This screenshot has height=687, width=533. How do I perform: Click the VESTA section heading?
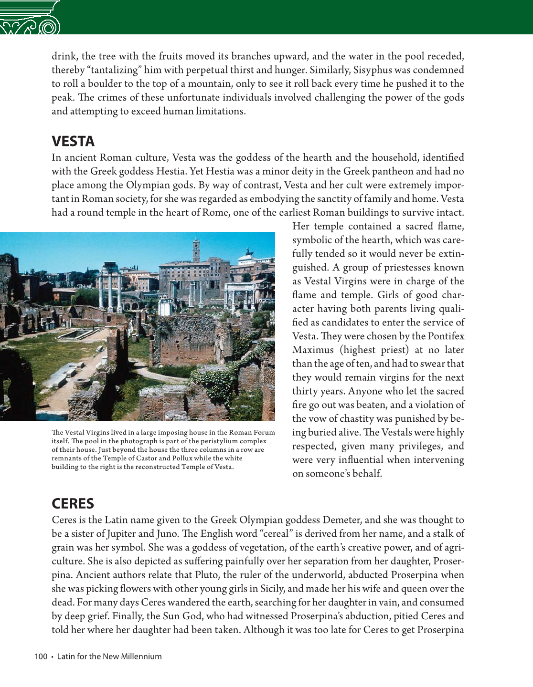point(73,141)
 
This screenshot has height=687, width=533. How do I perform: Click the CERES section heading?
point(73,503)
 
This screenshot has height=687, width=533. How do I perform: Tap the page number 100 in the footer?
point(41,656)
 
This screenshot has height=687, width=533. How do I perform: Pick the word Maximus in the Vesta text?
point(313,350)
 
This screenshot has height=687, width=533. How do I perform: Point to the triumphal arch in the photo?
point(241,296)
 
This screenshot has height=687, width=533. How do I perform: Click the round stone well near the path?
point(82,382)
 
